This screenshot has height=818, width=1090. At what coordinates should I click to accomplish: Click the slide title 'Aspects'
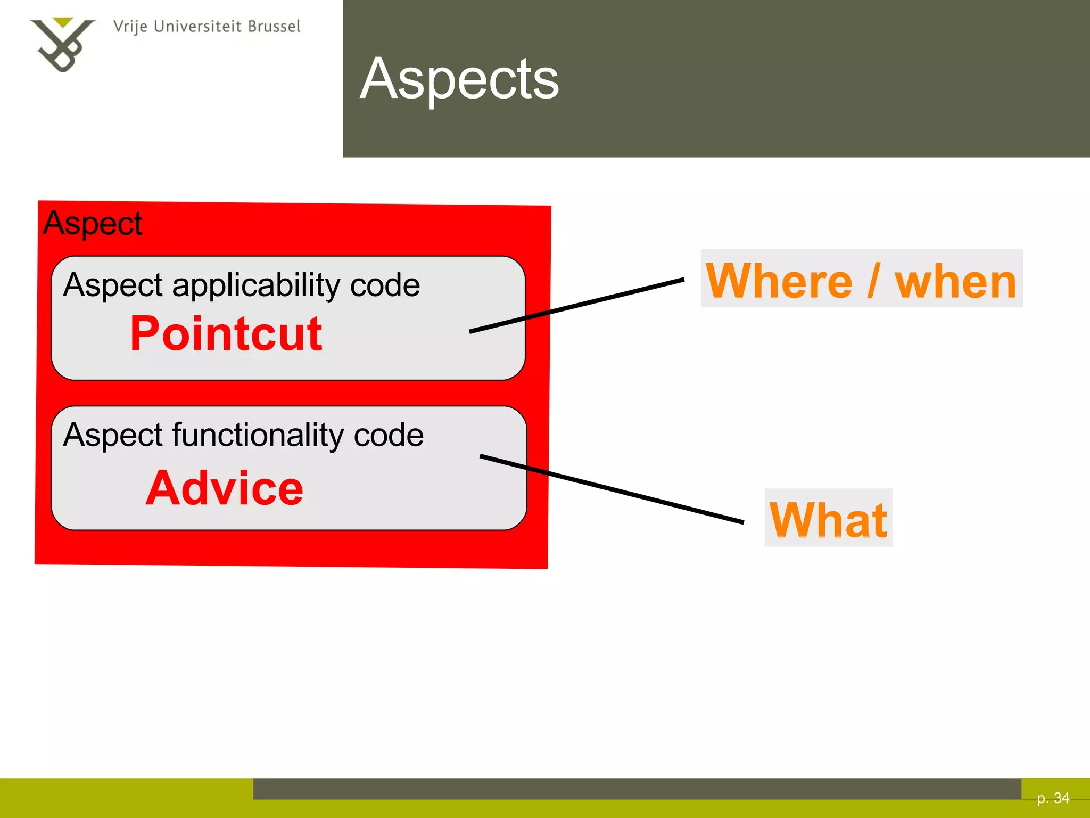(459, 79)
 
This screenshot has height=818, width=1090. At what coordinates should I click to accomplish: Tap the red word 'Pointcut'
(226, 333)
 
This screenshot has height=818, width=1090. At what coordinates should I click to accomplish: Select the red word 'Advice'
(224, 488)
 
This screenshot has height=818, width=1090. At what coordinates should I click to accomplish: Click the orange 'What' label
(828, 520)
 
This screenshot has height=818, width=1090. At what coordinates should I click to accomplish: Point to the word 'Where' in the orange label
(779, 281)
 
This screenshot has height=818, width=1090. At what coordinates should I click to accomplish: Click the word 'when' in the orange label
(955, 281)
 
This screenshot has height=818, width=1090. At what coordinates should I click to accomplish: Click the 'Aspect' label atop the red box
(93, 224)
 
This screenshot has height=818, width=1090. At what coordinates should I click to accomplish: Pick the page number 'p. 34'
(1053, 798)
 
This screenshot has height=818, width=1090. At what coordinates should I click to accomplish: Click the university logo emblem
(63, 44)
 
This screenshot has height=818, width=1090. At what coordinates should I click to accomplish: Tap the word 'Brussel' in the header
(275, 26)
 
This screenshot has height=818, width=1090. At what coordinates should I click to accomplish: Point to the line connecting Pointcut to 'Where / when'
(577, 306)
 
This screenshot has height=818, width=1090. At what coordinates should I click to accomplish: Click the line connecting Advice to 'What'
(612, 489)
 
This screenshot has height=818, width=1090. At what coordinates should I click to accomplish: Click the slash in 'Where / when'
(873, 281)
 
